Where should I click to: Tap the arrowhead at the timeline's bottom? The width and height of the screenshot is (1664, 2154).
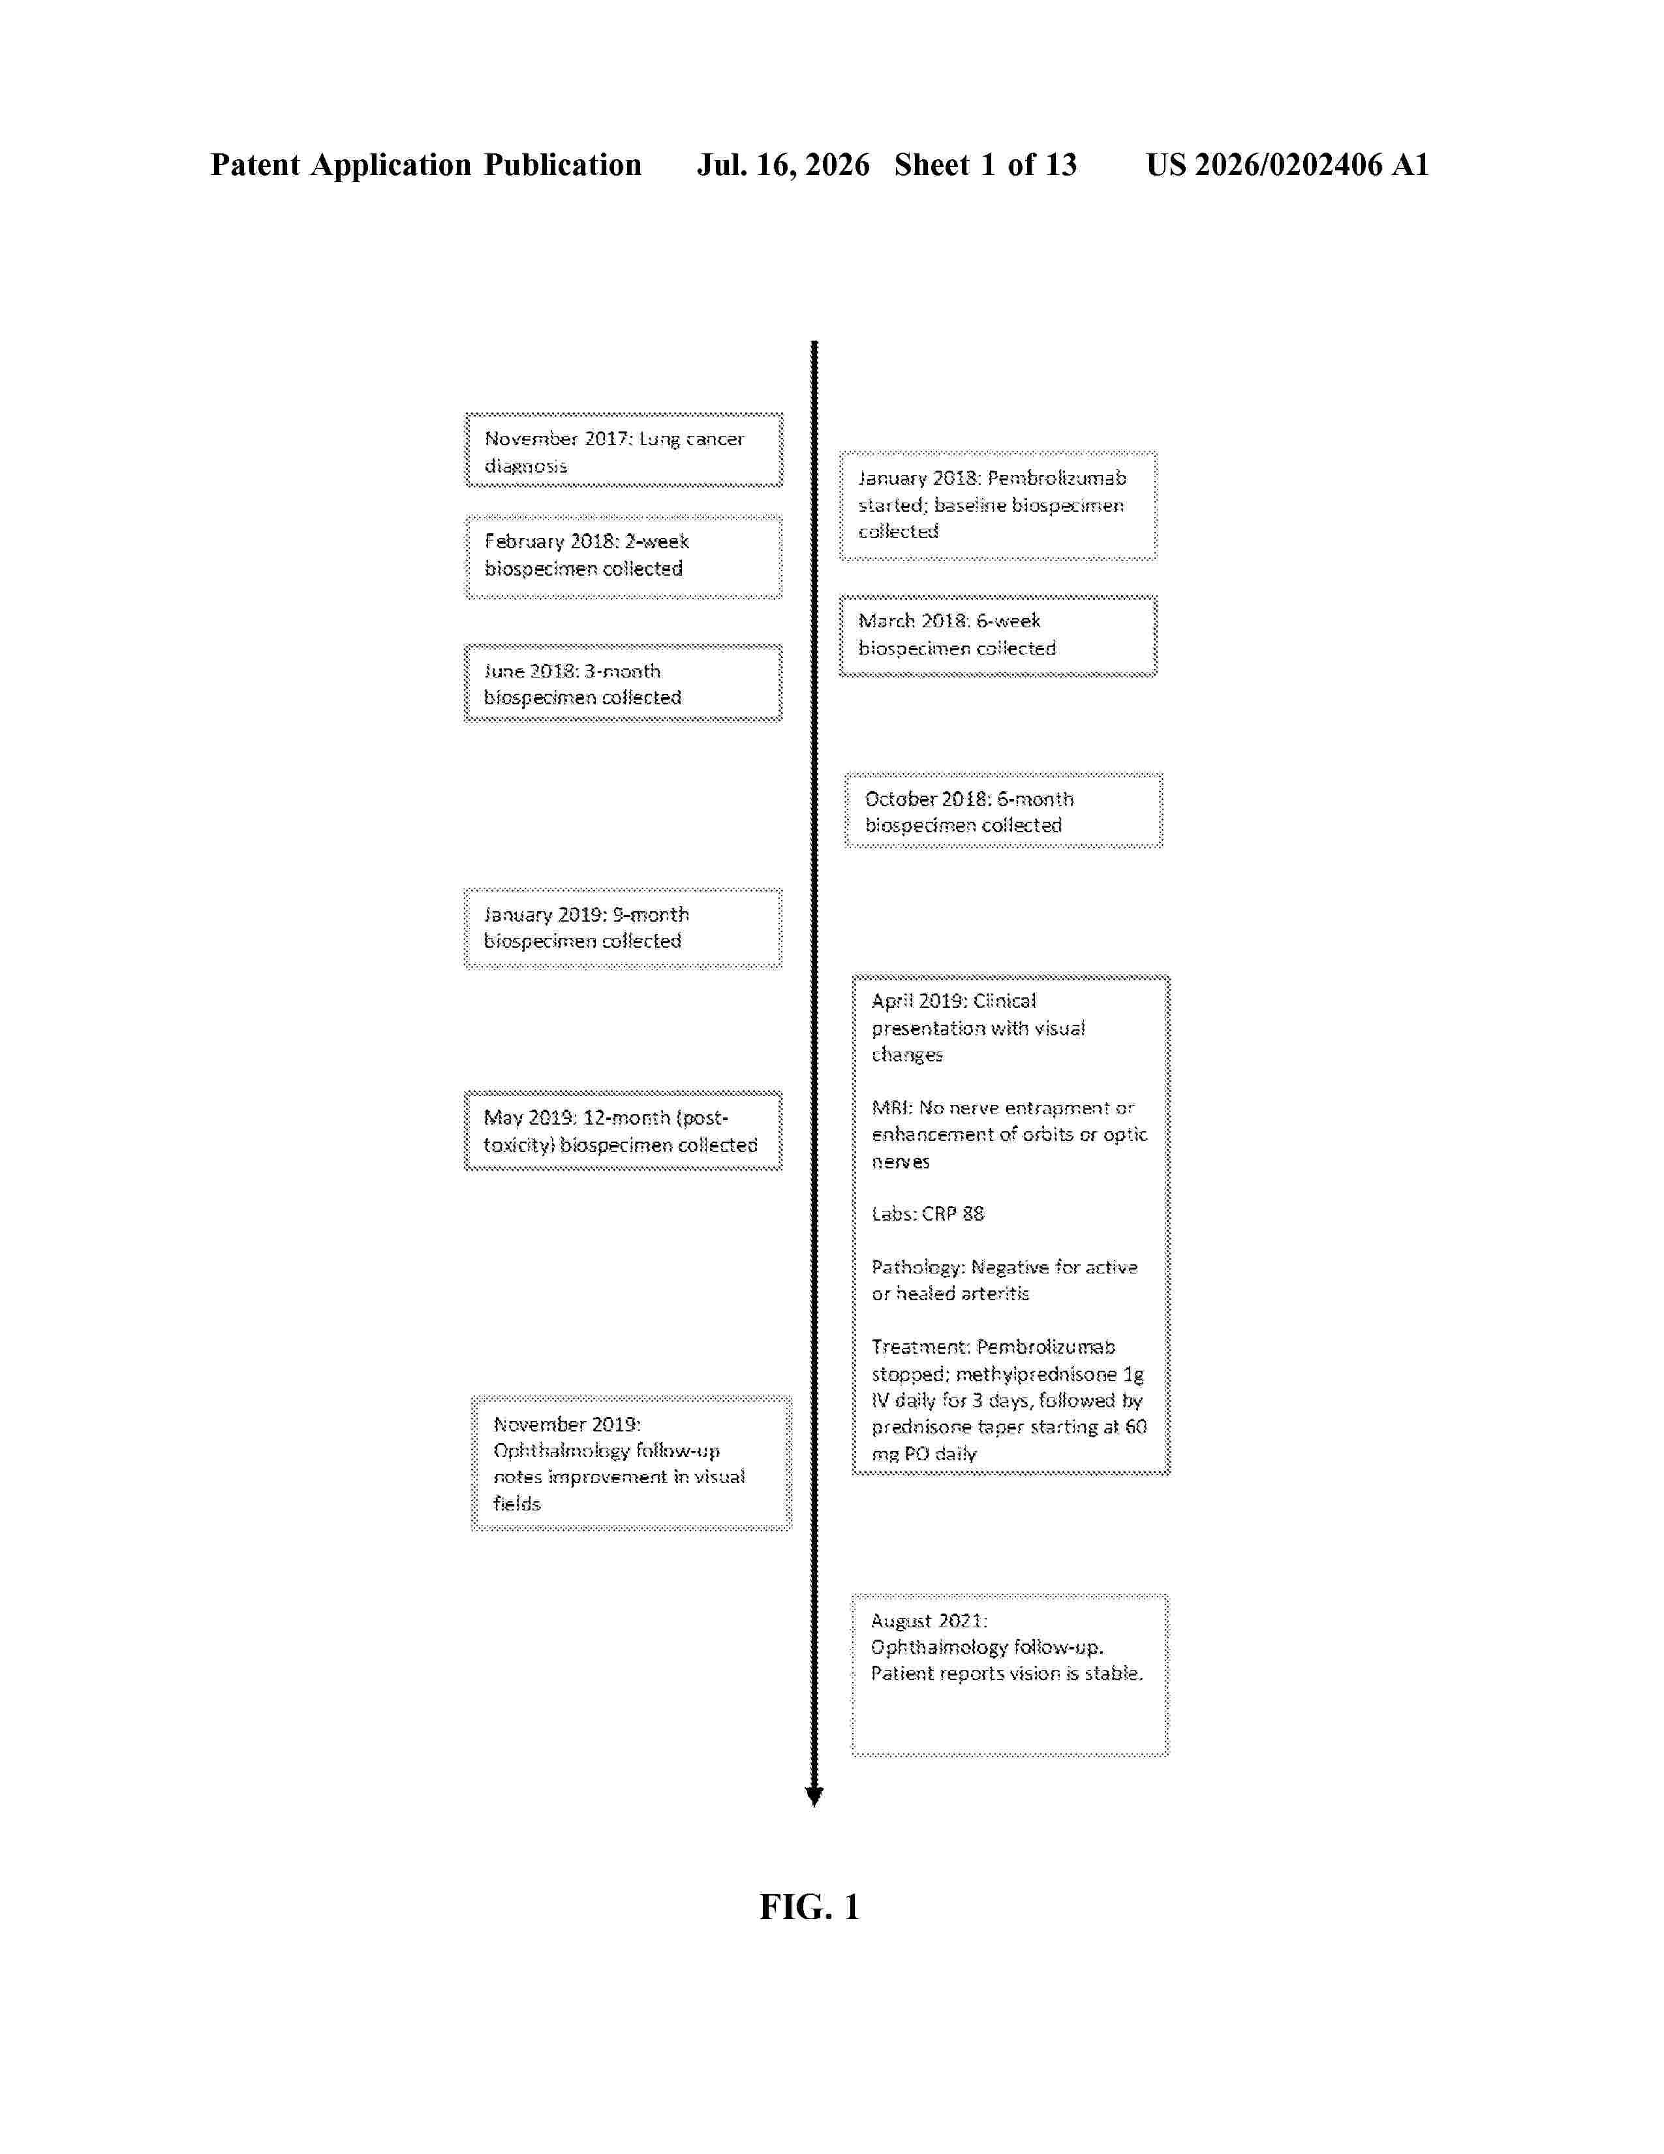[x=814, y=1796]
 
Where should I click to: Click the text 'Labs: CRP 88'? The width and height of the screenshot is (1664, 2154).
[x=928, y=1214]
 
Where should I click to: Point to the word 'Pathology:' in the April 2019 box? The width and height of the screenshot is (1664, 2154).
[x=917, y=1268]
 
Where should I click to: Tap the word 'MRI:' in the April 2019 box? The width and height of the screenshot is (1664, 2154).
[x=892, y=1108]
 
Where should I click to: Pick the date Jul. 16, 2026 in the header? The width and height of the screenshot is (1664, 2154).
[x=784, y=164]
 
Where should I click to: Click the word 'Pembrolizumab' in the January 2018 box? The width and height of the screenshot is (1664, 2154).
[x=1056, y=478]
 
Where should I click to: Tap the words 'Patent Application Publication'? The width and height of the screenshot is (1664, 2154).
[x=426, y=164]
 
